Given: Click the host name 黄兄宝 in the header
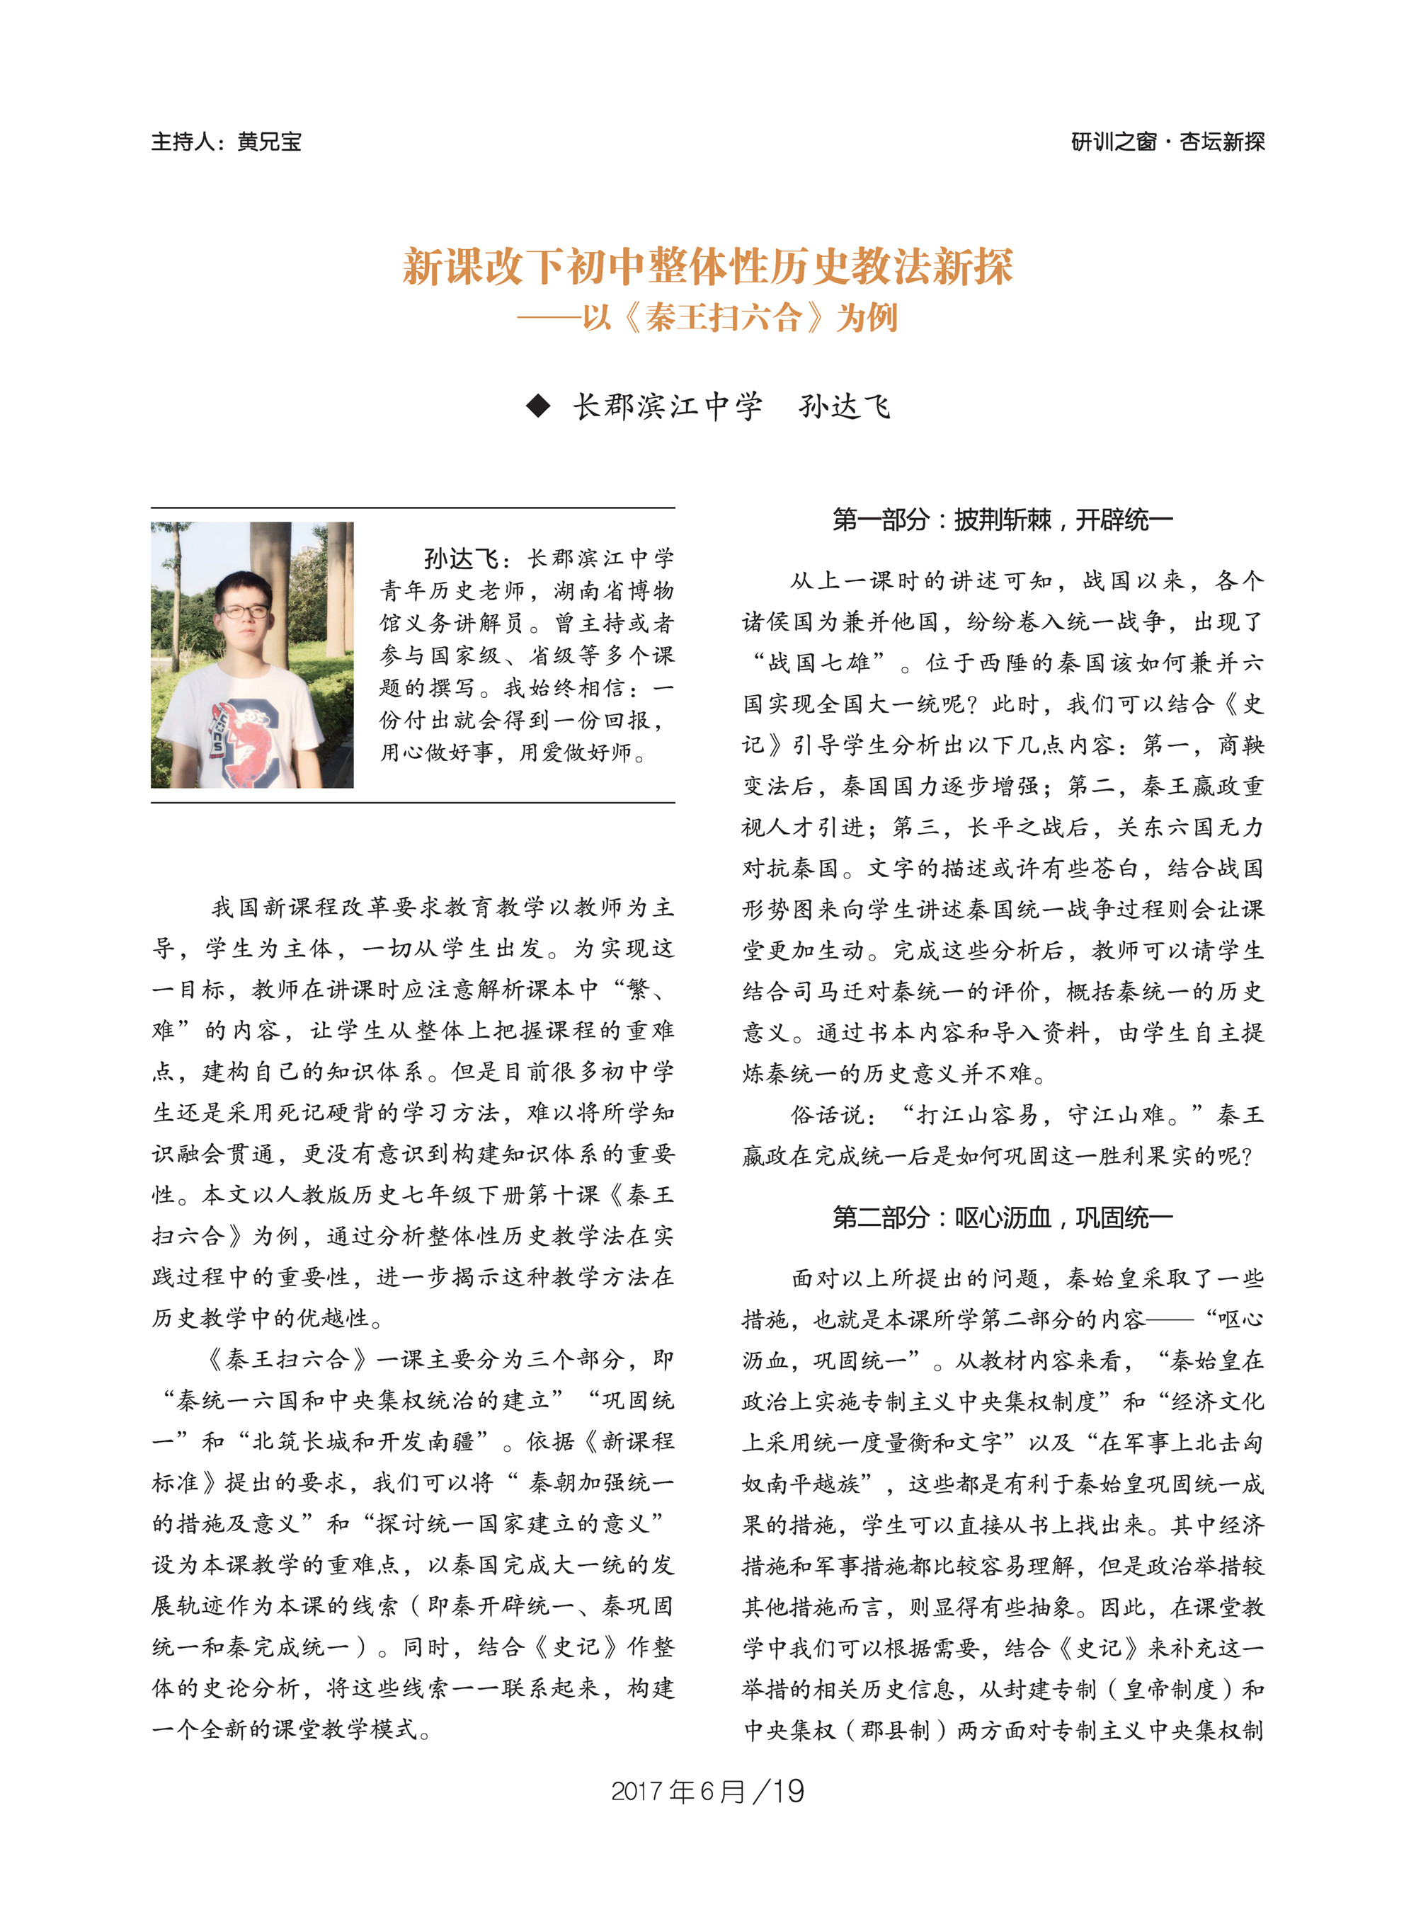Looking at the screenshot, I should pos(269,142).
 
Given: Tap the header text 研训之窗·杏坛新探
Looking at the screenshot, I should pos(1167,142).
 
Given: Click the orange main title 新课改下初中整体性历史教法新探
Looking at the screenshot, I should pos(708,267).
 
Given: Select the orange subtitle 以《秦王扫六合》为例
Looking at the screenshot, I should pos(739,318).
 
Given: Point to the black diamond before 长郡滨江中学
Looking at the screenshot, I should pos(538,406).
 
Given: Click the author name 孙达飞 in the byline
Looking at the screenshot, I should pos(844,406).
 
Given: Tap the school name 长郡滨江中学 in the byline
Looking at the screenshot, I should pos(667,406).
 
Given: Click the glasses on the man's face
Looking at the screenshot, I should pos(245,611).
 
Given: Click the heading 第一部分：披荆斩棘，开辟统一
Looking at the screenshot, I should pos(1002,520).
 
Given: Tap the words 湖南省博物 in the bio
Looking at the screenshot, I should pos(614,591).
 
